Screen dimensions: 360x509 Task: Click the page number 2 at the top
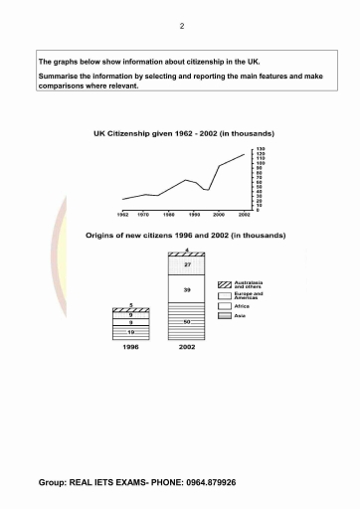181,26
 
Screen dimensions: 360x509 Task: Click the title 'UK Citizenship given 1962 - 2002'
183,133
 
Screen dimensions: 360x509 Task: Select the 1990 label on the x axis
194,215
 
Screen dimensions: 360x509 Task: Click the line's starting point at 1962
122,200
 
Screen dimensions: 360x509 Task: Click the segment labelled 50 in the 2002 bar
186,323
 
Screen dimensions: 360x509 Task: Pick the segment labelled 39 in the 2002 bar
186,288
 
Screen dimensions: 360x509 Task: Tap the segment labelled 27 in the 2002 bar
186,265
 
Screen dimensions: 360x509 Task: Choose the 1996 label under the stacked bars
131,349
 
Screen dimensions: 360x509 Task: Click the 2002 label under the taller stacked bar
186,349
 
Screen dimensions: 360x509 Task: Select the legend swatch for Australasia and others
225,284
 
